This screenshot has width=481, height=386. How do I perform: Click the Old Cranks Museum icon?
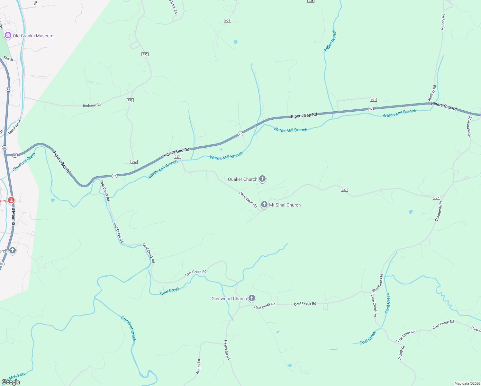coord(8,35)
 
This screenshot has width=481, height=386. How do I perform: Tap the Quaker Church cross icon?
coord(262,179)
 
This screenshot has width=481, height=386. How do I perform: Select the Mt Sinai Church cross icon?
coord(264,205)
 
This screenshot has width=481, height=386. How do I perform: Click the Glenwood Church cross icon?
coord(252,298)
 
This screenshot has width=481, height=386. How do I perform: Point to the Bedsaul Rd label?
coord(92,105)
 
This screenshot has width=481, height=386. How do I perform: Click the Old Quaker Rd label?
coord(248,199)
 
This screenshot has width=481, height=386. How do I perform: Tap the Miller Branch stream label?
coord(330,41)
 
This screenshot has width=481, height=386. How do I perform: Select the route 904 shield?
coord(227,21)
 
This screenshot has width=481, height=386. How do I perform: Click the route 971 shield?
coord(373,100)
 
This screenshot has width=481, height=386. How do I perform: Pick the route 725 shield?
coord(311,1)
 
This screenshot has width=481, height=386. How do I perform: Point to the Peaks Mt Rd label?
coord(227,350)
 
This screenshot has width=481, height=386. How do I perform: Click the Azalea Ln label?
coord(198,367)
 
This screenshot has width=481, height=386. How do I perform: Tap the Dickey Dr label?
coord(402,353)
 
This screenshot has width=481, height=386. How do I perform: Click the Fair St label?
coord(8,59)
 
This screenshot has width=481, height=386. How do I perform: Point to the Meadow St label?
coord(14,127)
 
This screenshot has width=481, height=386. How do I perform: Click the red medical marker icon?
coord(11,200)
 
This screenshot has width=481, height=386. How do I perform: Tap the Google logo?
coord(11,382)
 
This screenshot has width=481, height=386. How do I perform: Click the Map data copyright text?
coord(467,383)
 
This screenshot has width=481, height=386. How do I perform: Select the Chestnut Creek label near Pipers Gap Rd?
coord(24,162)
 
